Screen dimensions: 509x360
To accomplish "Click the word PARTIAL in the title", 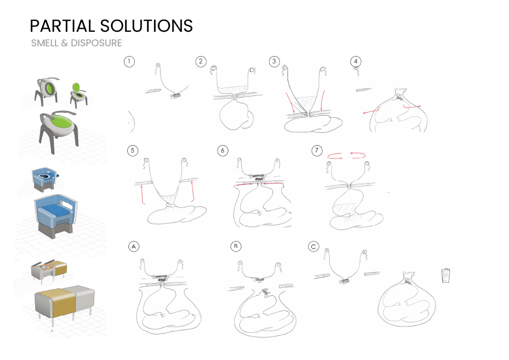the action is coord(62,26).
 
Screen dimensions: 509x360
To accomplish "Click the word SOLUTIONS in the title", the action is coord(146,26).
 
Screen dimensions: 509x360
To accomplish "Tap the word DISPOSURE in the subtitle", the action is coord(96,43).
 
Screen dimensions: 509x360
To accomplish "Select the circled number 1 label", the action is coord(129,62).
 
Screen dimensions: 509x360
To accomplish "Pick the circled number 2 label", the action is coord(201,62).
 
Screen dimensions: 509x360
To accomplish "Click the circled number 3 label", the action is coord(274,62).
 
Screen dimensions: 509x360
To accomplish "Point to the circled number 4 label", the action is coord(356,61).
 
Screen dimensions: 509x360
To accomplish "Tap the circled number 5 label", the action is coord(132,150).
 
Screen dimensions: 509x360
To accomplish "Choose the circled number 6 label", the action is coord(223,150).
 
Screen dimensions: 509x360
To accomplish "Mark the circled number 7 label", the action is coord(317,150).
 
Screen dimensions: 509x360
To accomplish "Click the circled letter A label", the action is coord(134,247).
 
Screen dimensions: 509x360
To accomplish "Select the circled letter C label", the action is coord(313,247).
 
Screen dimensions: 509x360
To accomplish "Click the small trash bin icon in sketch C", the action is coord(446,276).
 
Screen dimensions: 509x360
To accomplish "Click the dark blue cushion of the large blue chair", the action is coord(57,212).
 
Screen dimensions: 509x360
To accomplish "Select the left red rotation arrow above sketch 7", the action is coord(335,156).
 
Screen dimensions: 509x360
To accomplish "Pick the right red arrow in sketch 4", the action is coord(412,106).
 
